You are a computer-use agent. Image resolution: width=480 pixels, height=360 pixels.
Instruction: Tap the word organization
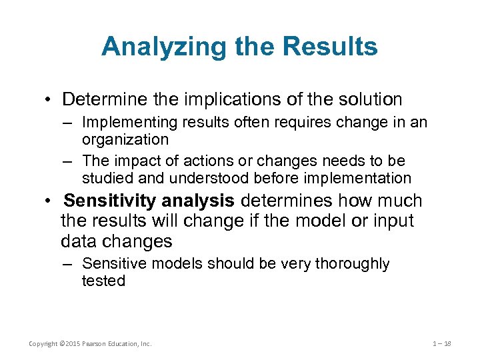(125, 139)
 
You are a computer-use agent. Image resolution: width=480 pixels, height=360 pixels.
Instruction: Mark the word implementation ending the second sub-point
(364, 178)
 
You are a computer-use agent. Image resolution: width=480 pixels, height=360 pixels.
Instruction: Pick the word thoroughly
(353, 264)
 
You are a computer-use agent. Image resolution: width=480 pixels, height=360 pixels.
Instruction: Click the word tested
(103, 281)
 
